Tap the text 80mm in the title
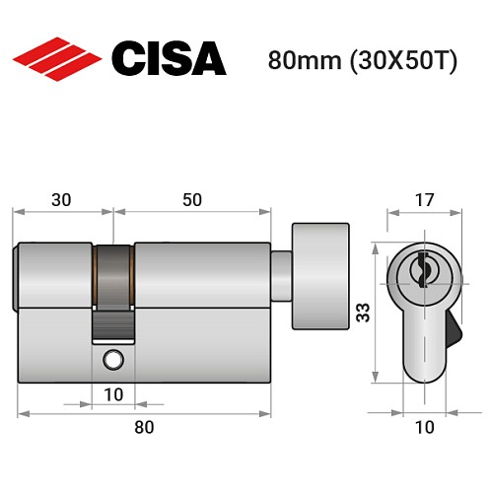tap(298, 59)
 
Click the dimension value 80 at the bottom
tap(144, 427)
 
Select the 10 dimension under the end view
tap(422, 427)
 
